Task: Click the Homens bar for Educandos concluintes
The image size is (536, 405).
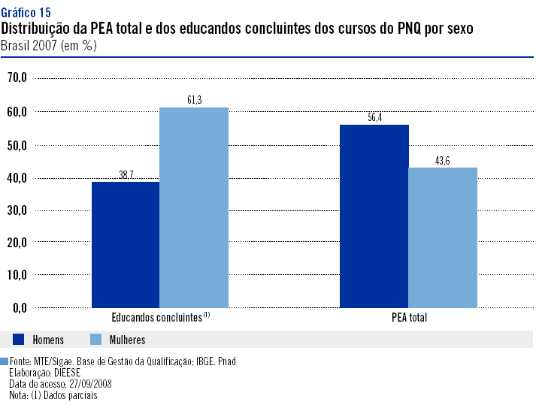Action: pos(126,244)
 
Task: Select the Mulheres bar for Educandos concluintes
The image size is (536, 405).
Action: pos(194,207)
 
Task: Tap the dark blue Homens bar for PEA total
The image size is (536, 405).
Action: pos(374,216)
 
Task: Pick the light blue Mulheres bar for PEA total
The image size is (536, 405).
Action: pos(443,237)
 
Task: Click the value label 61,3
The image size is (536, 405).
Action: pos(194,100)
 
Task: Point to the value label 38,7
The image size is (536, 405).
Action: pos(126,174)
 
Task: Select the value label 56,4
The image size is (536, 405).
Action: pos(374,117)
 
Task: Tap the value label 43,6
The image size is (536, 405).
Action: pos(443,160)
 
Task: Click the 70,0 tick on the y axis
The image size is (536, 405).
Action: pos(17,77)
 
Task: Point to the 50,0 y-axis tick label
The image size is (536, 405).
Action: pos(17,144)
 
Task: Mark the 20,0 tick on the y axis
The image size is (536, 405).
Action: pos(17,243)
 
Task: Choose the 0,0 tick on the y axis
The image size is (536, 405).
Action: pos(19,308)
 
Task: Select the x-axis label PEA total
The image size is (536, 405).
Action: pos(409,318)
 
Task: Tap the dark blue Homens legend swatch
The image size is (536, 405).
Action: pos(19,340)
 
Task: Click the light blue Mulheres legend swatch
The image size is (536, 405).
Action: pos(96,340)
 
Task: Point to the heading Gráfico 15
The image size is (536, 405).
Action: pos(26,13)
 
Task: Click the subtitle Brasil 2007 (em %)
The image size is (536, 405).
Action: pos(49,45)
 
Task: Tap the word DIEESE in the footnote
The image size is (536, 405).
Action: pos(66,373)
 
